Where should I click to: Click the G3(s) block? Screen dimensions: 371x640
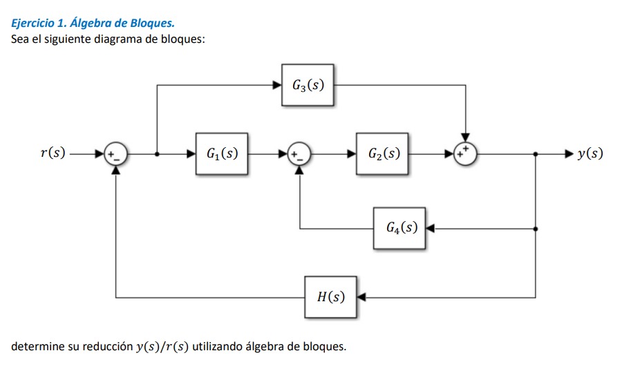pyautogui.click(x=308, y=86)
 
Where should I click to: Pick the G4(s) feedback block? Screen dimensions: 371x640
pyautogui.click(x=399, y=227)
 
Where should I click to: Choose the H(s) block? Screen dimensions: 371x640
pyautogui.click(x=331, y=298)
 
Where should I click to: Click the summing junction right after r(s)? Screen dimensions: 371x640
pyautogui.click(x=115, y=154)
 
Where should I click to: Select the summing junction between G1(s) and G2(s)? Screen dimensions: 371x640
pyautogui.click(x=299, y=154)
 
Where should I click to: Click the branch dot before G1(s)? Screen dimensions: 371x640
pyautogui.click(x=158, y=154)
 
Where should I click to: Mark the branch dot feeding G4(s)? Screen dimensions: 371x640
pyautogui.click(x=536, y=227)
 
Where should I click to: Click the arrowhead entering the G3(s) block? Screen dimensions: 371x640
pyautogui.click(x=277, y=86)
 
